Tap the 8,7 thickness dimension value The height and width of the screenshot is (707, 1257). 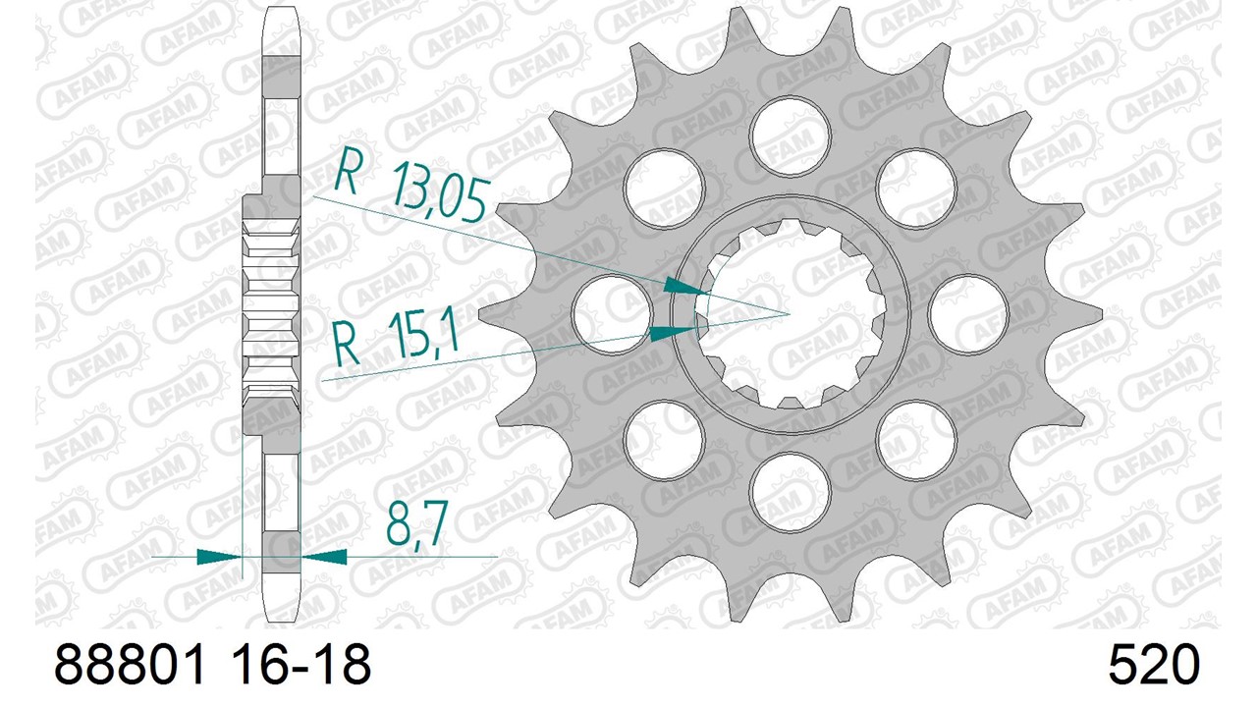(416, 523)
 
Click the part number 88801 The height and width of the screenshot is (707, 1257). (129, 664)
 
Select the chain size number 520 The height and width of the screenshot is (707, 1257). (1154, 664)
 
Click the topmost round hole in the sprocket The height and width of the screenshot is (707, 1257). (791, 136)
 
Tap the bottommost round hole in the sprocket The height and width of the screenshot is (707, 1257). (791, 492)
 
